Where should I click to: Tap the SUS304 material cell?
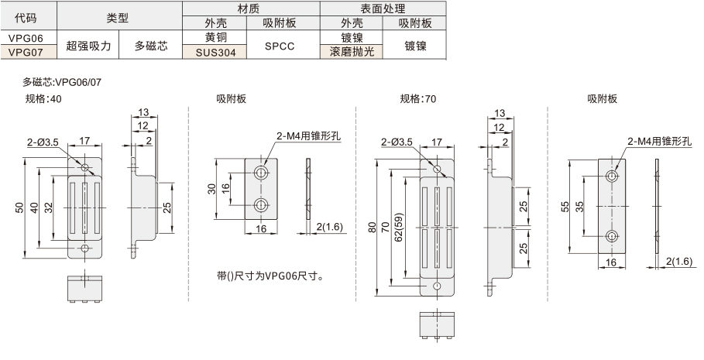pyautogui.click(x=215, y=52)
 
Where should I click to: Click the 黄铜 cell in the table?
pyautogui.click(x=215, y=38)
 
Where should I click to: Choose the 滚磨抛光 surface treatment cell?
pyautogui.click(x=352, y=52)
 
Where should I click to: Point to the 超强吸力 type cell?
pyautogui.click(x=88, y=45)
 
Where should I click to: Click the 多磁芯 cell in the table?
pyautogui.click(x=151, y=45)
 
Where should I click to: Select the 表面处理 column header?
pyautogui.click(x=383, y=9)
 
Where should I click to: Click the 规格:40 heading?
pyautogui.click(x=43, y=99)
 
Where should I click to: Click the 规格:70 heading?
pyautogui.click(x=418, y=99)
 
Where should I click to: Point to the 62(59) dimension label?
pyautogui.click(x=399, y=227)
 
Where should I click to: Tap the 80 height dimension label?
pyautogui.click(x=373, y=228)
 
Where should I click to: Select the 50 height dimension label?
pyautogui.click(x=19, y=207)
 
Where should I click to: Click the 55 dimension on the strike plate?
pyautogui.click(x=565, y=207)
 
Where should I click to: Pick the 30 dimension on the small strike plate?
pyautogui.click(x=212, y=189)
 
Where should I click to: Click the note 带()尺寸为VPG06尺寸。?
pyautogui.click(x=270, y=276)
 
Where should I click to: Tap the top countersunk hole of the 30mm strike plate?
pyautogui.click(x=260, y=172)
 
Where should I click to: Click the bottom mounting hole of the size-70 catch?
pyautogui.click(x=438, y=286)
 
